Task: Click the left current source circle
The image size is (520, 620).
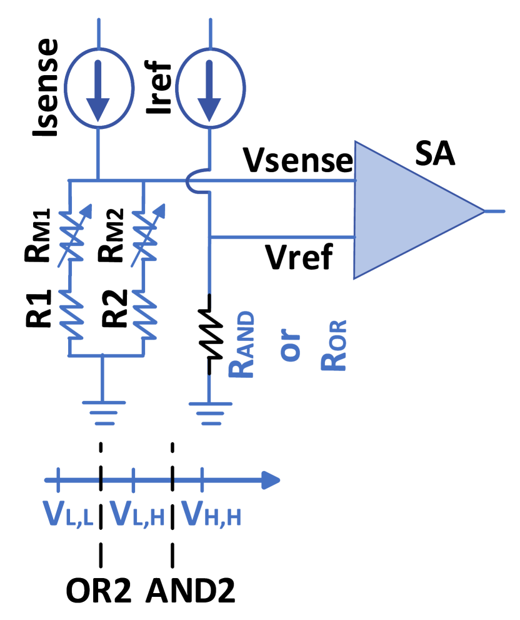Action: [x=99, y=88]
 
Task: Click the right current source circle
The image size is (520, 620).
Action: [x=210, y=88]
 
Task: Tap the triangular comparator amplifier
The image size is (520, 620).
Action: [x=406, y=210]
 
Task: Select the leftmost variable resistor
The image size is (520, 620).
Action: [x=72, y=235]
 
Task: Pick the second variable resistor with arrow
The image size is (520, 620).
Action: [x=146, y=235]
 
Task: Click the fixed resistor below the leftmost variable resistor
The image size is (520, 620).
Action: [x=71, y=315]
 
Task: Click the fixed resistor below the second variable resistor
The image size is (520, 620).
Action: [x=144, y=315]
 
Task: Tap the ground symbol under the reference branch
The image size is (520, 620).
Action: [x=211, y=413]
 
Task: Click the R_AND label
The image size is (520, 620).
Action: [x=242, y=344]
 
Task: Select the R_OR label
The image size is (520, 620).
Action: [x=334, y=345]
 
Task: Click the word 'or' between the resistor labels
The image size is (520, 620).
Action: [x=290, y=345]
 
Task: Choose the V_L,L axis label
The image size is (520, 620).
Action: [x=67, y=515]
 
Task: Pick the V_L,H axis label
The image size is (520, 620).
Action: [x=137, y=515]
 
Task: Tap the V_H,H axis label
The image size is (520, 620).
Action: [x=211, y=515]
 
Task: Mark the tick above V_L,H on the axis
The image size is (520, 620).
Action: [x=133, y=480]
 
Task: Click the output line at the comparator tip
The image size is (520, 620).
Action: [x=494, y=211]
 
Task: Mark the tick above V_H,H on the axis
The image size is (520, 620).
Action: [x=202, y=480]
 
